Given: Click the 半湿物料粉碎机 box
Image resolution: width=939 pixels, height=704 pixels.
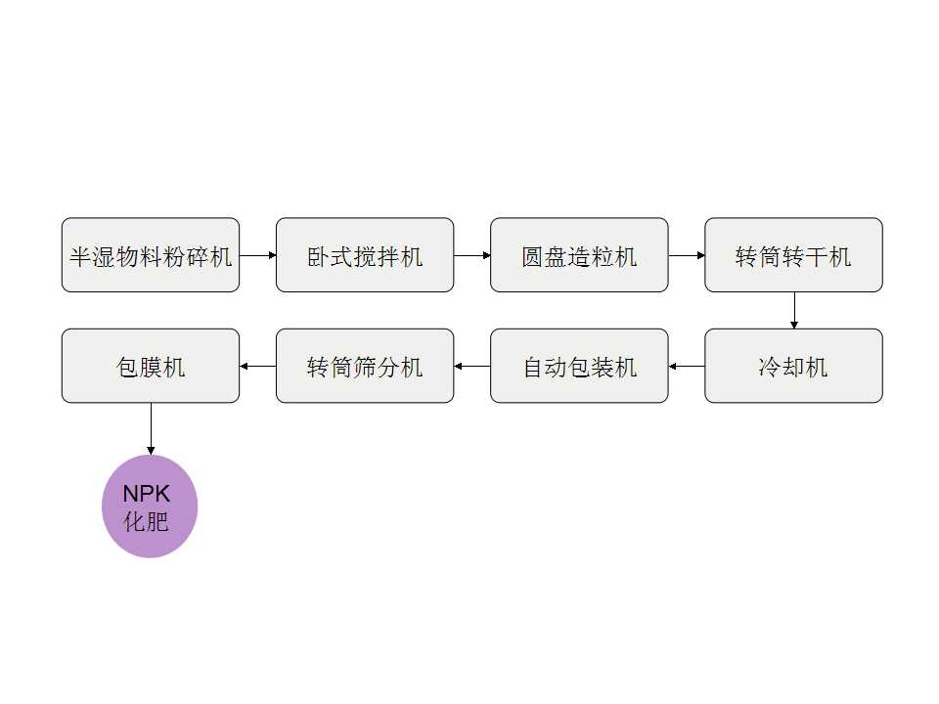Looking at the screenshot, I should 151,255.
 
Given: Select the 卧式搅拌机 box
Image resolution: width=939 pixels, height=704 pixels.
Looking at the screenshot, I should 365,255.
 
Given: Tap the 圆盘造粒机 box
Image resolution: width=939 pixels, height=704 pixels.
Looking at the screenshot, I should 579,255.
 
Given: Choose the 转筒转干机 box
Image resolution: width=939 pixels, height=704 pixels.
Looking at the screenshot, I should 793,255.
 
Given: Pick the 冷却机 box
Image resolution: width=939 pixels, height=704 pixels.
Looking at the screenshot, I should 793,366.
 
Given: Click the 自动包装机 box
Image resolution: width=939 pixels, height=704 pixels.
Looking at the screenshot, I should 579,366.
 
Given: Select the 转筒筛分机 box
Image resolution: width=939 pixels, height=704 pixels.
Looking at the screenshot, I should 365,366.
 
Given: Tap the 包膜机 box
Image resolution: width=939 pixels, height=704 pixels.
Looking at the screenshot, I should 151,366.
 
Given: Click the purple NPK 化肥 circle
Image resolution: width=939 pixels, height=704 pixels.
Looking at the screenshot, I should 150,506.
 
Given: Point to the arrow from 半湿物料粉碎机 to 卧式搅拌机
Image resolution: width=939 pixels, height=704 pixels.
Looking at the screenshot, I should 258,255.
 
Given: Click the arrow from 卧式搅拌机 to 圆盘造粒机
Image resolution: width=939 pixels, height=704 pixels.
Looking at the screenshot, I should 472,255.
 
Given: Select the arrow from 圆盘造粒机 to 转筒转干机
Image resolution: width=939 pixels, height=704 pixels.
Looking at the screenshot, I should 687,255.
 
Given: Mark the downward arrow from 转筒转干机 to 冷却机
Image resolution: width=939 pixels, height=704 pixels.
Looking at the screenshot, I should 793,310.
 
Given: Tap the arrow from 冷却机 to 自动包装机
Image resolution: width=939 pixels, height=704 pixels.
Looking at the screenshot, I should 687,367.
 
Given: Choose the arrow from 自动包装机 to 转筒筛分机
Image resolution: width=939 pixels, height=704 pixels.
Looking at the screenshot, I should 472,367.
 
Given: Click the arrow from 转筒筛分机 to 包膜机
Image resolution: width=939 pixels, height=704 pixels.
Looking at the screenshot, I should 258,367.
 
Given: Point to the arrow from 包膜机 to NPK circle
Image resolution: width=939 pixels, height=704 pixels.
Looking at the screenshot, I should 151,428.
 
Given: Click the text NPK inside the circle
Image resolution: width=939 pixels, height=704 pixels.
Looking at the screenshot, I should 147,494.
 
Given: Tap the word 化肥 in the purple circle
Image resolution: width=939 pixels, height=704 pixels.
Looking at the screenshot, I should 147,521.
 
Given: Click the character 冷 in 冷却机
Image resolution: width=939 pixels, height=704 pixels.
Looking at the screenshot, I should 770,367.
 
